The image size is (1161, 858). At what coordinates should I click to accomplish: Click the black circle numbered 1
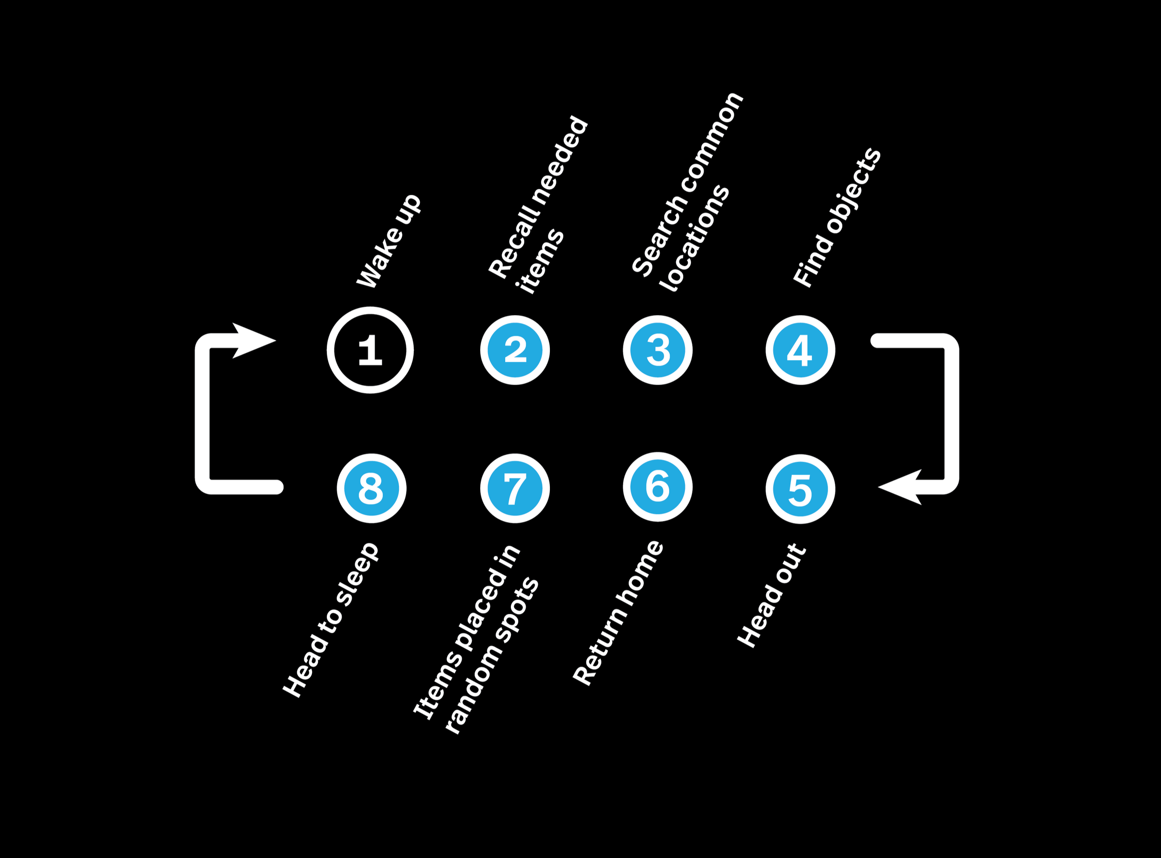pos(370,350)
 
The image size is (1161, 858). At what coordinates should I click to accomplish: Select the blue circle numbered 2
pos(515,350)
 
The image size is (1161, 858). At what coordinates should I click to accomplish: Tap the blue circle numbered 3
pos(658,350)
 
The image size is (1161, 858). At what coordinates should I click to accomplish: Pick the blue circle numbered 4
pos(800,350)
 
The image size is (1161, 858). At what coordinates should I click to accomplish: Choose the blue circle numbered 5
pos(800,489)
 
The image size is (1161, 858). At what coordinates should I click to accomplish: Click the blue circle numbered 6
pos(658,487)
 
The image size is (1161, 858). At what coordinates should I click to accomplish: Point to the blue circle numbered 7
pos(515,488)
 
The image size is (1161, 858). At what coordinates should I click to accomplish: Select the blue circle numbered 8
pos(371,488)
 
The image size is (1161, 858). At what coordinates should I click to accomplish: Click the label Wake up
pos(389,241)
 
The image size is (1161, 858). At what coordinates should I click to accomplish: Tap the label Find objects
pos(837,217)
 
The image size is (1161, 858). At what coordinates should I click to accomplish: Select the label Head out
pos(772,596)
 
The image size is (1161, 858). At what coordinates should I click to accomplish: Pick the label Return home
pos(617,613)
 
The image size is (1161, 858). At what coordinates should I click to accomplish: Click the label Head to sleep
pos(330,621)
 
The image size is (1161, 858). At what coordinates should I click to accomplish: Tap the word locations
pos(694,238)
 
